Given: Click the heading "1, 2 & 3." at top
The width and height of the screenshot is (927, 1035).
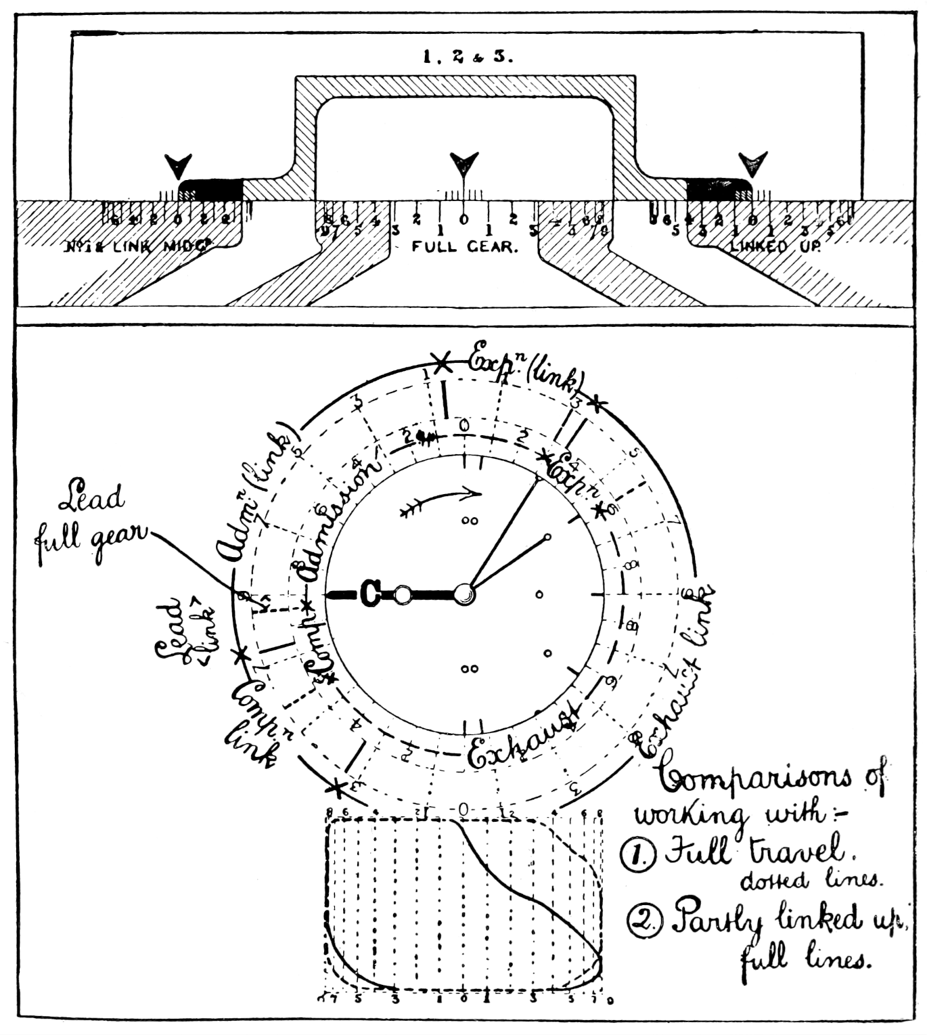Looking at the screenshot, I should click(x=468, y=57).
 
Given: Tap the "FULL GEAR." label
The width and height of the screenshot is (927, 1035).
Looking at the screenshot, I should click(x=465, y=247).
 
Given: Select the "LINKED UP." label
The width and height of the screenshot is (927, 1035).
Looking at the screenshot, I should click(x=775, y=247).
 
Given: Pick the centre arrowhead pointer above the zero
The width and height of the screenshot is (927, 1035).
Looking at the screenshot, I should click(x=464, y=163).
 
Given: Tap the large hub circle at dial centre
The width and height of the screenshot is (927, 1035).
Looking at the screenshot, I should click(x=464, y=594).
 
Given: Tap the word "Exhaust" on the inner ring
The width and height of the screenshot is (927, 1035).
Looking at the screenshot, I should click(x=524, y=740).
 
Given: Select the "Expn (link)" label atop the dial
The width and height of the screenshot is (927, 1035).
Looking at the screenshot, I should click(x=524, y=370).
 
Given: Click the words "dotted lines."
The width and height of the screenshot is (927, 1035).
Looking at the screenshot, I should click(x=810, y=880).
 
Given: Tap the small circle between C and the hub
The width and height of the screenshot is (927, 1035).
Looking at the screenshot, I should click(x=403, y=594).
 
